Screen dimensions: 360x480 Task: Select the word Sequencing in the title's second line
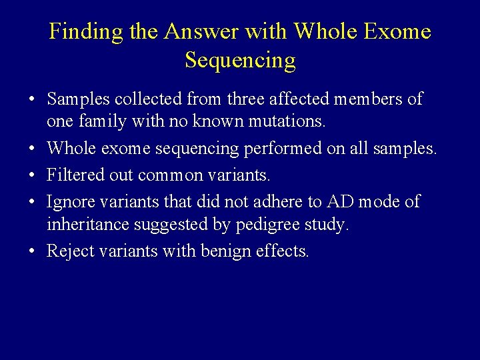click(240, 60)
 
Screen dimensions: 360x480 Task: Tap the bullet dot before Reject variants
click(32, 251)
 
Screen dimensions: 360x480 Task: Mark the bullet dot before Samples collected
click(32, 100)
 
